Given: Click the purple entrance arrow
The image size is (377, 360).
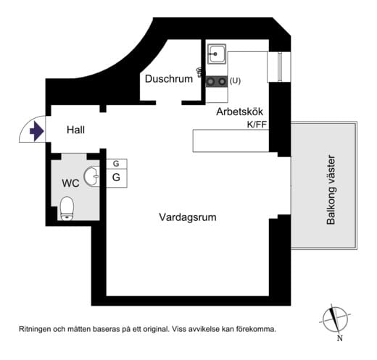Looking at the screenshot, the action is coord(36,131).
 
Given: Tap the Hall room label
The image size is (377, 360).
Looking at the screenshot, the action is coord(75,130).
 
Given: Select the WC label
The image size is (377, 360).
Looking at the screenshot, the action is coord(70,183).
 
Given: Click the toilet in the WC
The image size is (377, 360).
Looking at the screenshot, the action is coord(67,209).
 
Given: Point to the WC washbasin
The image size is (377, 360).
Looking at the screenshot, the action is coord(91,176).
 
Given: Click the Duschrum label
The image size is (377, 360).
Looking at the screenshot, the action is coord(169,79).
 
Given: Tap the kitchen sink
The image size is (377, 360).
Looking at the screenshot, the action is coord(217,54).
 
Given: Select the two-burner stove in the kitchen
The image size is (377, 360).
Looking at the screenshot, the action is coord(216,81).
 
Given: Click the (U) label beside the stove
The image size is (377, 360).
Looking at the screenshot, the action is coord(235,81).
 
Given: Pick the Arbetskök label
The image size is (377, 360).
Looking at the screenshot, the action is coord(239,112).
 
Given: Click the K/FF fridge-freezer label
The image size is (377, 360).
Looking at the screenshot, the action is coord(257,125).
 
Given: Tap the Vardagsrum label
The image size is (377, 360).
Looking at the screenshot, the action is coord(188,217).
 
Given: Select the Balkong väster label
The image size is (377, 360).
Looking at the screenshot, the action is coord(331,190).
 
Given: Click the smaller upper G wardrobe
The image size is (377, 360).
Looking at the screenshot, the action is coord(117,164).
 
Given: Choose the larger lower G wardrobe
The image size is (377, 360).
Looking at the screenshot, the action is coord(117,178).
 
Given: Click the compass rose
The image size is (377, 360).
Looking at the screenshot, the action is coord(335,319).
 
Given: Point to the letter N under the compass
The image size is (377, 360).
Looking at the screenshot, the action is coord(340,338).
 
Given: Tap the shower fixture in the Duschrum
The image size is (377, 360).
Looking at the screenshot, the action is coord(199,72).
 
